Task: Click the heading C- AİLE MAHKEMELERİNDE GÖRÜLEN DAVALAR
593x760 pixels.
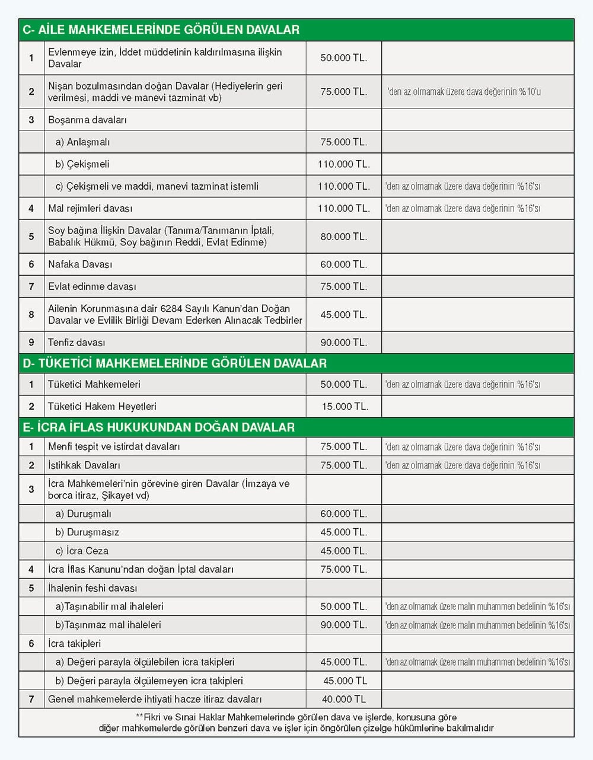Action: pyautogui.click(x=161, y=30)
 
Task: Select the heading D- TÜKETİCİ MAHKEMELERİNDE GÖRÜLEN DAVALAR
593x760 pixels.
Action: pyautogui.click(x=174, y=363)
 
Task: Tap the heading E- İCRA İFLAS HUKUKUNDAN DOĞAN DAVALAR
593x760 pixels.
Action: pyautogui.click(x=158, y=427)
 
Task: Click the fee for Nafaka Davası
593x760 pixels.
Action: pyautogui.click(x=343, y=264)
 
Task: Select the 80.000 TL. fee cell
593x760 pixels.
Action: pyautogui.click(x=343, y=237)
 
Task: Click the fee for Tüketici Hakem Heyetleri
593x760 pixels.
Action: pyautogui.click(x=345, y=407)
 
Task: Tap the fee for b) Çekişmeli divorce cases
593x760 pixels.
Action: pyautogui.click(x=343, y=164)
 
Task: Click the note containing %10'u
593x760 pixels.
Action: pyautogui.click(x=463, y=92)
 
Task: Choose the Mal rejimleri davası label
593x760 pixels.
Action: pyautogui.click(x=90, y=209)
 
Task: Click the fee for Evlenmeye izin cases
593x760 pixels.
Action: pyautogui.click(x=343, y=58)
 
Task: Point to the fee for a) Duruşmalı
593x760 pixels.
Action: pyautogui.click(x=343, y=514)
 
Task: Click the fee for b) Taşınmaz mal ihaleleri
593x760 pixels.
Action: pyautogui.click(x=343, y=625)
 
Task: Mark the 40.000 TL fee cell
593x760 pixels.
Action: pyautogui.click(x=344, y=700)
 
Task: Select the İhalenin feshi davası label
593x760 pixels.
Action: pyautogui.click(x=93, y=588)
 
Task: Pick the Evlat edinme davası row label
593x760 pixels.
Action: pyautogui.click(x=92, y=286)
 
